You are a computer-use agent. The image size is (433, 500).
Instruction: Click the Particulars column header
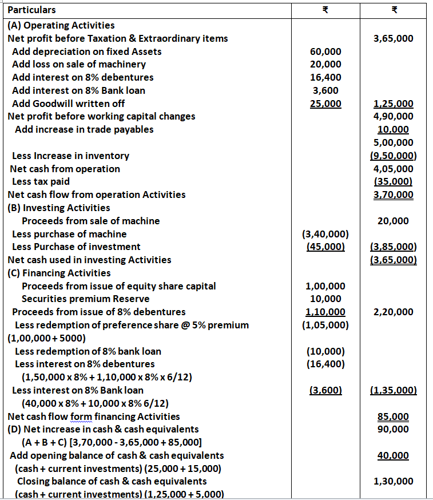[x=32, y=10]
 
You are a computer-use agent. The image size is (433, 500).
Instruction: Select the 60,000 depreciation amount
[x=325, y=51]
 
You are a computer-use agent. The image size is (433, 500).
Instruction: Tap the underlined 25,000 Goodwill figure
[x=325, y=104]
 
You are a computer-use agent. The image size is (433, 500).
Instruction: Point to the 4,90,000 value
[x=393, y=117]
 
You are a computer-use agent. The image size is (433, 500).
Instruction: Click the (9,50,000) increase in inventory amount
[x=393, y=156]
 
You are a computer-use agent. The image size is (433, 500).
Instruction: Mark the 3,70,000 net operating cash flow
[x=393, y=195]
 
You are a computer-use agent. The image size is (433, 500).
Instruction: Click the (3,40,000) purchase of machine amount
[x=325, y=234]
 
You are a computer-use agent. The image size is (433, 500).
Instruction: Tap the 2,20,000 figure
[x=393, y=312]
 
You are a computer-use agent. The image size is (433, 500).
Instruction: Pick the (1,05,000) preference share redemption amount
[x=325, y=325]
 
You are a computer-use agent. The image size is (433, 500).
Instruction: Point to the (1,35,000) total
[x=393, y=390]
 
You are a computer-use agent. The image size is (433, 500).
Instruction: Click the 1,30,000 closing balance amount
[x=393, y=482]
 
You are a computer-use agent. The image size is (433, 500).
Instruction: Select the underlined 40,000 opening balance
[x=393, y=455]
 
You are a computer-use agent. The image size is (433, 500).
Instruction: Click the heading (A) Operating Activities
[x=61, y=25]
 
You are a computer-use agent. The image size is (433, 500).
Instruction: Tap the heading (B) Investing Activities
[x=59, y=208]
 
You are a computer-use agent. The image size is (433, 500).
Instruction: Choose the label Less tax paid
[x=41, y=181]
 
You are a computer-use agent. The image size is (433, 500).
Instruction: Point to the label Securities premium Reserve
[x=85, y=299]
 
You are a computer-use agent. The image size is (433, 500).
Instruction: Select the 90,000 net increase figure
[x=393, y=429]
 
